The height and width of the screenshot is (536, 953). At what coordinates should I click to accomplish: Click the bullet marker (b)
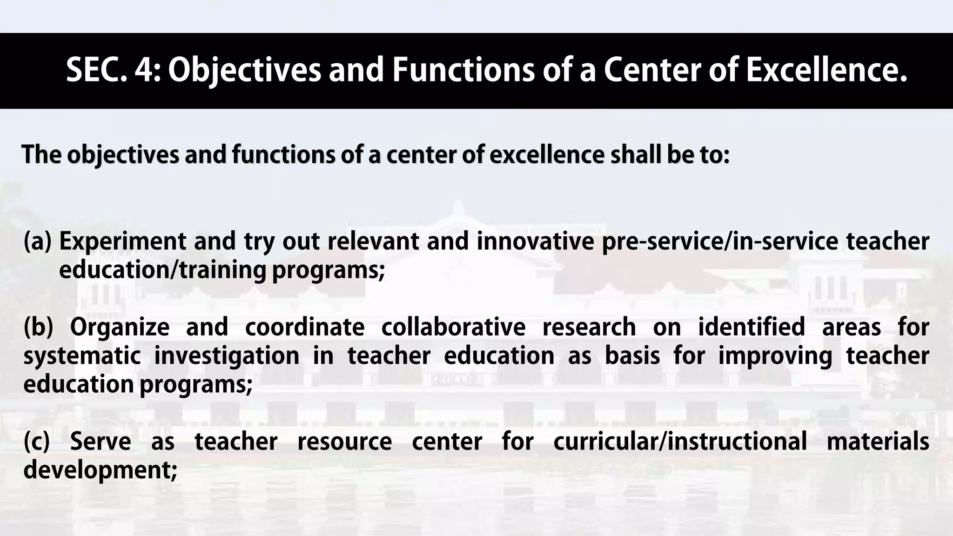(39, 327)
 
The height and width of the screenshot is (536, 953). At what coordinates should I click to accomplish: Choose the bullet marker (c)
(37, 441)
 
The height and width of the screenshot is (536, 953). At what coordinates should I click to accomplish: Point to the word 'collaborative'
(453, 327)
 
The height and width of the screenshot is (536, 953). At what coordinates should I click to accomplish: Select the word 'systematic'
(82, 355)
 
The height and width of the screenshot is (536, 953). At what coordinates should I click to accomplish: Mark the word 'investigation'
(227, 355)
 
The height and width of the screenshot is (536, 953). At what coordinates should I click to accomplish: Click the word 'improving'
(775, 355)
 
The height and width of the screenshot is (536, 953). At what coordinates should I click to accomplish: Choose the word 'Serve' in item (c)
(101, 441)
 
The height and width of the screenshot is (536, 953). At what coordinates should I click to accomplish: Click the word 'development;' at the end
(101, 469)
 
